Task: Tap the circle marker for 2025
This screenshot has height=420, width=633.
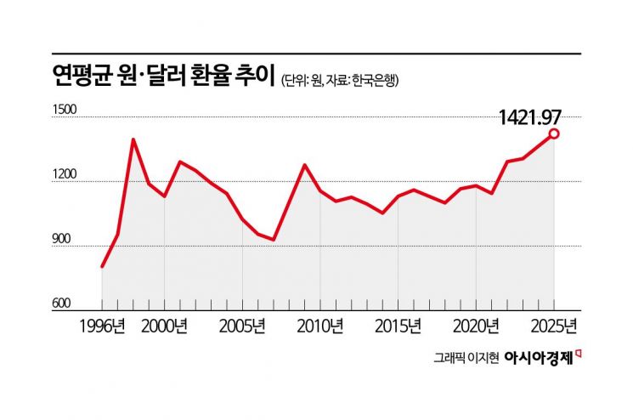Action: [554, 133]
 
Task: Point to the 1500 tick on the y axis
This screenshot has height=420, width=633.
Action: [65, 111]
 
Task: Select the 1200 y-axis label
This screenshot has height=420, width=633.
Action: [65, 176]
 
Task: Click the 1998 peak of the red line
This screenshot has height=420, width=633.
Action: [133, 139]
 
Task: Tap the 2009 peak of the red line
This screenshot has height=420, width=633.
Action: [304, 165]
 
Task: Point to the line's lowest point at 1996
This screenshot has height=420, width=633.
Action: [102, 266]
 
